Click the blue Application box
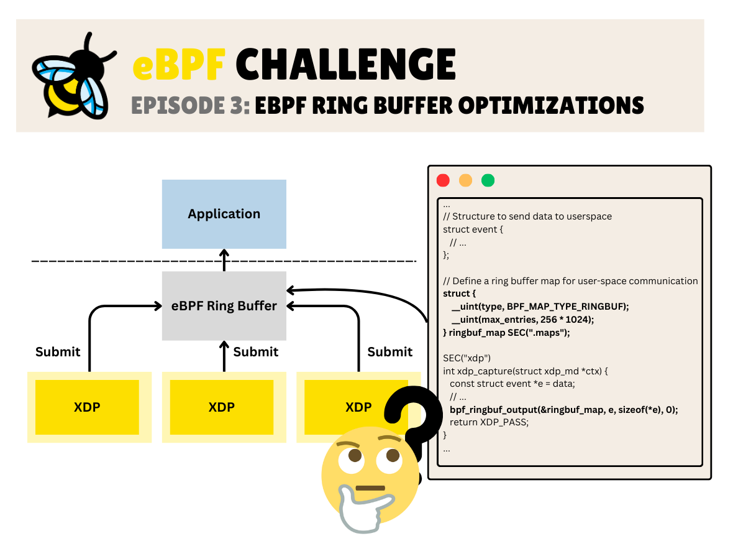224,214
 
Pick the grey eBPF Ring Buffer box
224,305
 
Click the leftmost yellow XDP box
87,407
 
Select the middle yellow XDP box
222,407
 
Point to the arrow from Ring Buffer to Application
224,260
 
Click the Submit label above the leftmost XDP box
58,352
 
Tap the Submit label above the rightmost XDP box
389,352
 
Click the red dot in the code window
443,180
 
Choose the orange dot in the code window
465,180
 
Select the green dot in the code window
488,180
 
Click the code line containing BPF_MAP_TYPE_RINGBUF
540,306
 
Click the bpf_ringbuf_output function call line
563,409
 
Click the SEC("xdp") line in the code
467,358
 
